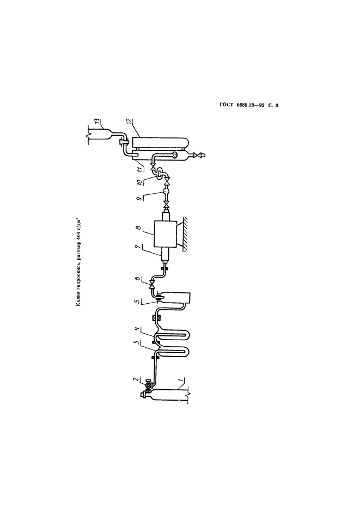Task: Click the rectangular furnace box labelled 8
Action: click(x=165, y=234)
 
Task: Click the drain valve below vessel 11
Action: click(x=197, y=156)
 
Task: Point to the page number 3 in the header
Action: click(x=277, y=105)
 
